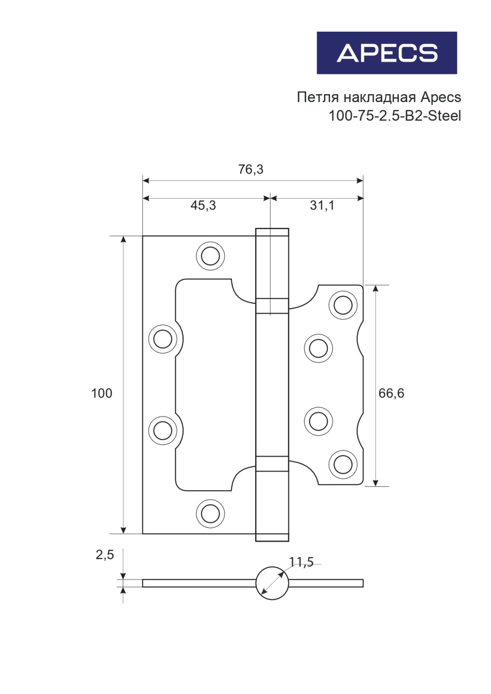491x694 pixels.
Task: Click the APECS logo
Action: click(386, 53)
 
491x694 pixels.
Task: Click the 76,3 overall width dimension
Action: click(251, 170)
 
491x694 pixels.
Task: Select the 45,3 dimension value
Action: click(203, 205)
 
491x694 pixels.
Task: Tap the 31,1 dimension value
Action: click(322, 205)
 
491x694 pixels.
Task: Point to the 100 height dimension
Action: click(102, 393)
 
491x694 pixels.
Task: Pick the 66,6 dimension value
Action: click(391, 393)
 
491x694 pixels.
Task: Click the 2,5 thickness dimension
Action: click(105, 555)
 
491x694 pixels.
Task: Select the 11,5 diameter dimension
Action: click(301, 562)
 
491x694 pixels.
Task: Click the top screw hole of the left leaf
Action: click(210, 256)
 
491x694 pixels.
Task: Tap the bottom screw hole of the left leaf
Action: click(210, 513)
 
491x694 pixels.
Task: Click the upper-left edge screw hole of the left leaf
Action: click(163, 339)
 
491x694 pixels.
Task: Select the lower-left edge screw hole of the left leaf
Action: click(163, 430)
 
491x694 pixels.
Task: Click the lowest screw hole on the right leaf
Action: click(343, 464)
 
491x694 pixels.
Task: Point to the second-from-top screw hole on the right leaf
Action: click(318, 348)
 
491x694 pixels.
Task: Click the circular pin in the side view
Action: click(272, 583)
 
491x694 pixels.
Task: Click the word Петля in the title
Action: click(315, 97)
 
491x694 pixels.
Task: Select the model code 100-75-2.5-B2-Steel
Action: click(394, 116)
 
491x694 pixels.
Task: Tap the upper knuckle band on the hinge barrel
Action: click(272, 306)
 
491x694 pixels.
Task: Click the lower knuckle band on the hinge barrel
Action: click(272, 463)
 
